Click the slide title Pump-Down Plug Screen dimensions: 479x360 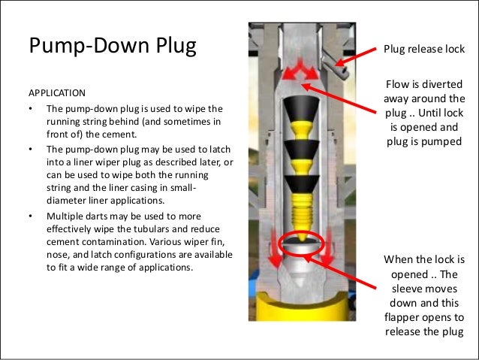click(x=113, y=46)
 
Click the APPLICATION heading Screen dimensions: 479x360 click(x=57, y=93)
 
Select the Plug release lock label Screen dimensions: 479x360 click(x=424, y=49)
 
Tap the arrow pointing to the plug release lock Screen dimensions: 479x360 click(x=356, y=57)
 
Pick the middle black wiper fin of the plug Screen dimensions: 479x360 click(x=302, y=150)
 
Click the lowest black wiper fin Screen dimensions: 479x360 click(x=302, y=184)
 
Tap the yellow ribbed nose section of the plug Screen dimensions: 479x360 click(x=302, y=213)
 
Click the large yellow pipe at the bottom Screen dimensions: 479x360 click(x=302, y=307)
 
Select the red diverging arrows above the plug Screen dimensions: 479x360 click(x=300, y=70)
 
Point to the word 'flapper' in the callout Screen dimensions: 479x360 click(x=402, y=317)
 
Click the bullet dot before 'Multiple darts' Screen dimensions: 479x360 click(x=31, y=216)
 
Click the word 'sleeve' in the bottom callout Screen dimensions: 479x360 click(x=407, y=289)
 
